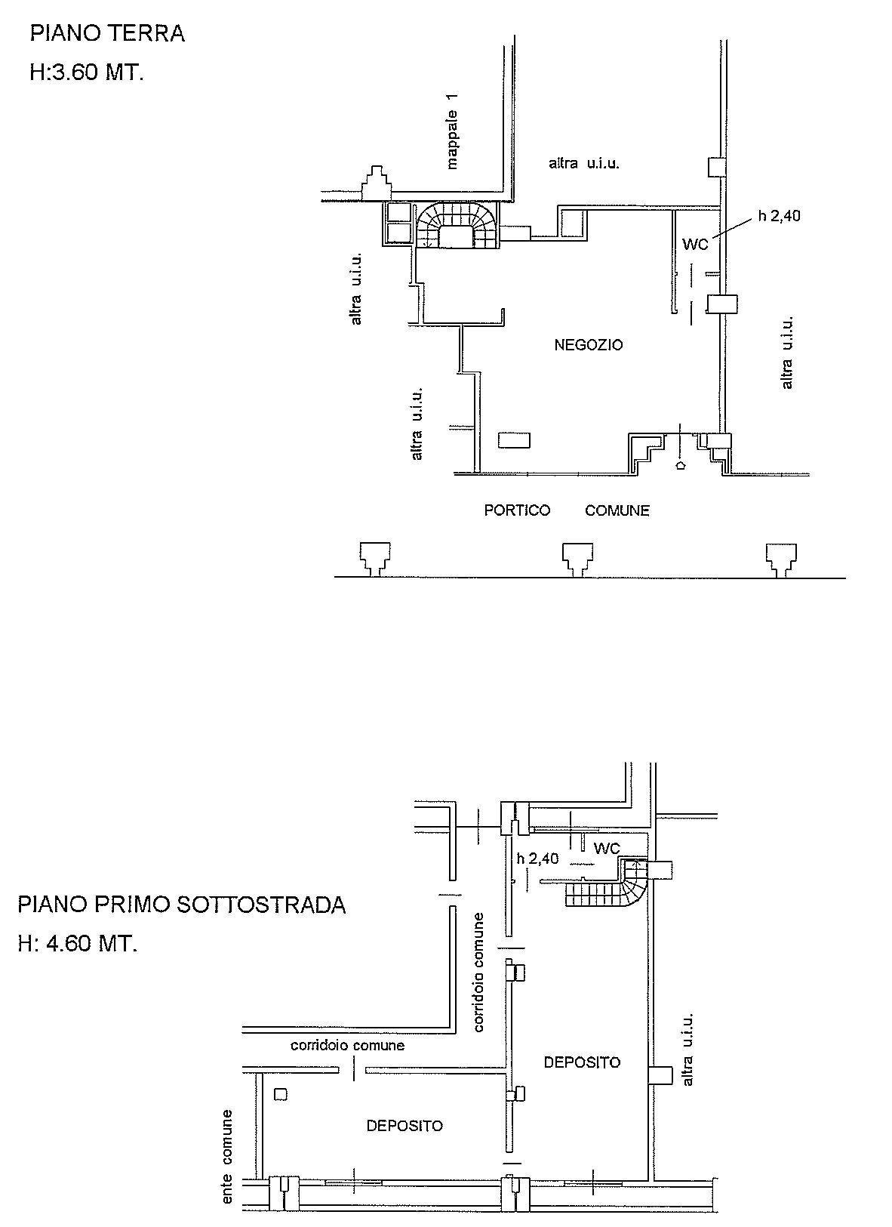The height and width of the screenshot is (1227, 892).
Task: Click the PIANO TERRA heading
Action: (107, 33)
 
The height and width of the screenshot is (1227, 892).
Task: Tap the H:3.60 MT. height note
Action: (87, 72)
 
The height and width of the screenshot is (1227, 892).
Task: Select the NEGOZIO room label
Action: (589, 345)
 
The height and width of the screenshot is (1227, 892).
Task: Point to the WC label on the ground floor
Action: (695, 245)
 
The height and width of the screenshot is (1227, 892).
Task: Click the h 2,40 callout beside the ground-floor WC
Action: (780, 216)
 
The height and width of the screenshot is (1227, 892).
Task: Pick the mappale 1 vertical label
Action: (452, 131)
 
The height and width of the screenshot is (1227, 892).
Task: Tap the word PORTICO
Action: (517, 510)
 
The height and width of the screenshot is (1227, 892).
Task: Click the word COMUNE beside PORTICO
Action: (617, 510)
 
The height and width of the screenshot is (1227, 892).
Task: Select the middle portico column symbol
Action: (578, 560)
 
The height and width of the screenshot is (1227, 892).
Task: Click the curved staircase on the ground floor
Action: (457, 224)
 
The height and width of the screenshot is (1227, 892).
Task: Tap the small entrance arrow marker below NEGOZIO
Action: (681, 466)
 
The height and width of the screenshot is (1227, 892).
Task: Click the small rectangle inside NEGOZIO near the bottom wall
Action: (514, 440)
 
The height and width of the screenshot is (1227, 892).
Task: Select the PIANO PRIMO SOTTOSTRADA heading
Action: (182, 905)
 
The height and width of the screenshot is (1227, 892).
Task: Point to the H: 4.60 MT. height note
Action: (77, 944)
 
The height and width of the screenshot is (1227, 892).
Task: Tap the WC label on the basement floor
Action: (607, 849)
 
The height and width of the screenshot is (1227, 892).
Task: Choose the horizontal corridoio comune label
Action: (347, 1045)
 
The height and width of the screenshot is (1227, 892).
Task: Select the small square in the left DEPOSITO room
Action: (281, 1094)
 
